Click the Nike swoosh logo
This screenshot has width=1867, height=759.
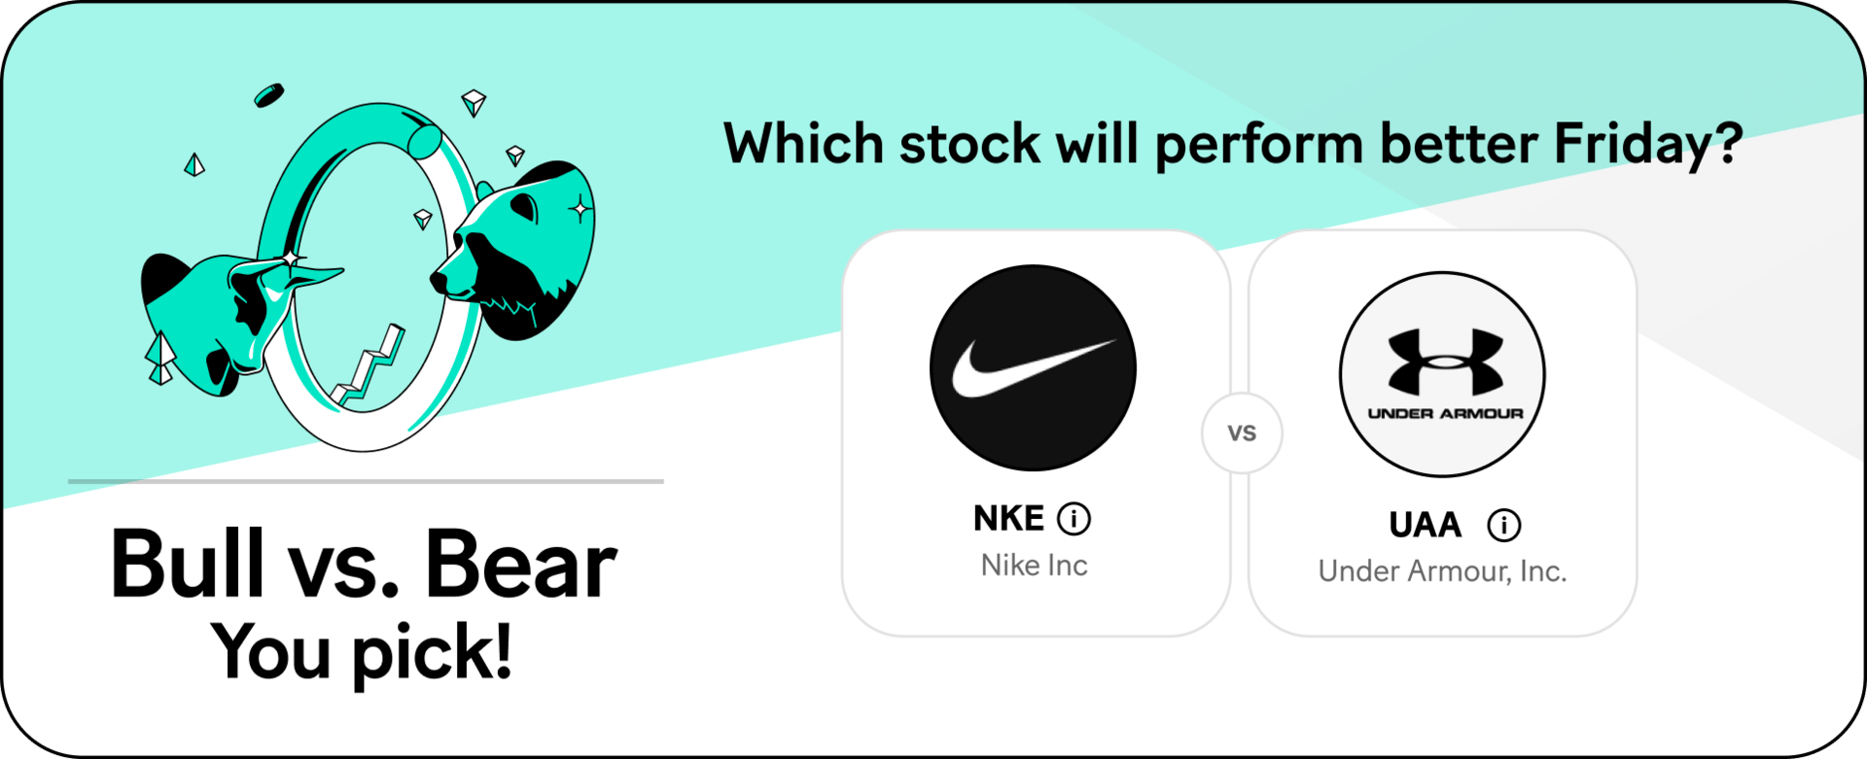[1033, 368]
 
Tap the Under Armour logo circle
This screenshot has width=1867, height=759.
[1442, 374]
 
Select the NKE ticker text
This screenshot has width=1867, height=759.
[1008, 519]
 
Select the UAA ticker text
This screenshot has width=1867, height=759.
[1425, 526]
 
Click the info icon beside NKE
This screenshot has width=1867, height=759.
[1074, 519]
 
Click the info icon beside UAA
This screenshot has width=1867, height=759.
[1503, 526]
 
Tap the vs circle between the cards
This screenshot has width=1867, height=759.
[1242, 433]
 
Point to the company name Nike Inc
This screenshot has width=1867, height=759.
[1034, 566]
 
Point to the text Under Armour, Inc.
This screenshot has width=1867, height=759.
[1442, 571]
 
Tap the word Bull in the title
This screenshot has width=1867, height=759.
[188, 564]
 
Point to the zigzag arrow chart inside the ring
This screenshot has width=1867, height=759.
[368, 365]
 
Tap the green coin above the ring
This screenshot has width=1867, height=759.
[268, 95]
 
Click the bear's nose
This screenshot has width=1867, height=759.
[440, 281]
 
